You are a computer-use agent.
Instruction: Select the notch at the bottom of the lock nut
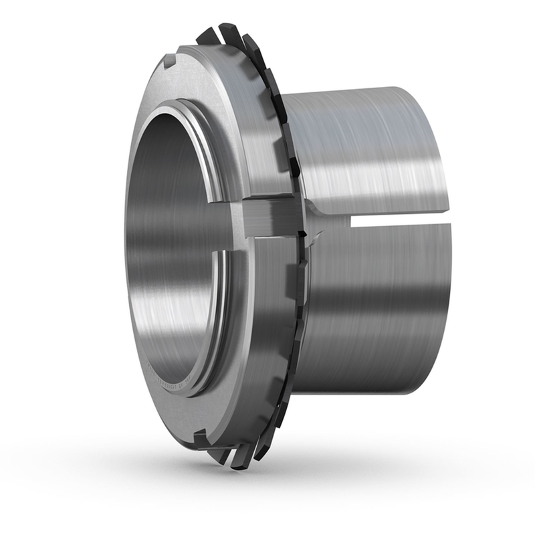point(200,438)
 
